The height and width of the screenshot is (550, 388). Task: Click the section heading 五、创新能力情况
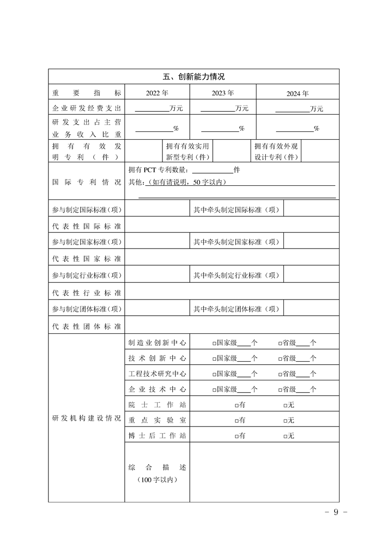[193, 77]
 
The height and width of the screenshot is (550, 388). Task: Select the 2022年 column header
[157, 93]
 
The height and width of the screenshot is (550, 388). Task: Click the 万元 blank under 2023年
[217, 109]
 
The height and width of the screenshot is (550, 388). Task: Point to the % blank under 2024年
[295, 129]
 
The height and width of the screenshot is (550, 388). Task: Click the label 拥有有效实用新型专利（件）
[188, 151]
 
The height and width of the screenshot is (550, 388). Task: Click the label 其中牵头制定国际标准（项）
[236, 210]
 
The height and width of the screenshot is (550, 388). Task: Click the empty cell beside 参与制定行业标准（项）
[157, 275]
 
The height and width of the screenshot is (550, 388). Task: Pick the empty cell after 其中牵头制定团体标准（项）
[311, 309]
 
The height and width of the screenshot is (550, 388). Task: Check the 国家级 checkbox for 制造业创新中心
[214, 344]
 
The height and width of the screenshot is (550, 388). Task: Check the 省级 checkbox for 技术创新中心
[280, 359]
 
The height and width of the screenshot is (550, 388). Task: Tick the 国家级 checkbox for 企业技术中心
[214, 390]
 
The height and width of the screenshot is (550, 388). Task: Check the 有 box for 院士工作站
[236, 405]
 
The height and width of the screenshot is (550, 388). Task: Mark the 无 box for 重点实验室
[285, 421]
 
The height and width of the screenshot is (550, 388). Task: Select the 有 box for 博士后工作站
[236, 436]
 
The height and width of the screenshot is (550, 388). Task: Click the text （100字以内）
[157, 480]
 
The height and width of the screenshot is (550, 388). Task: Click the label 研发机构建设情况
[86, 419]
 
